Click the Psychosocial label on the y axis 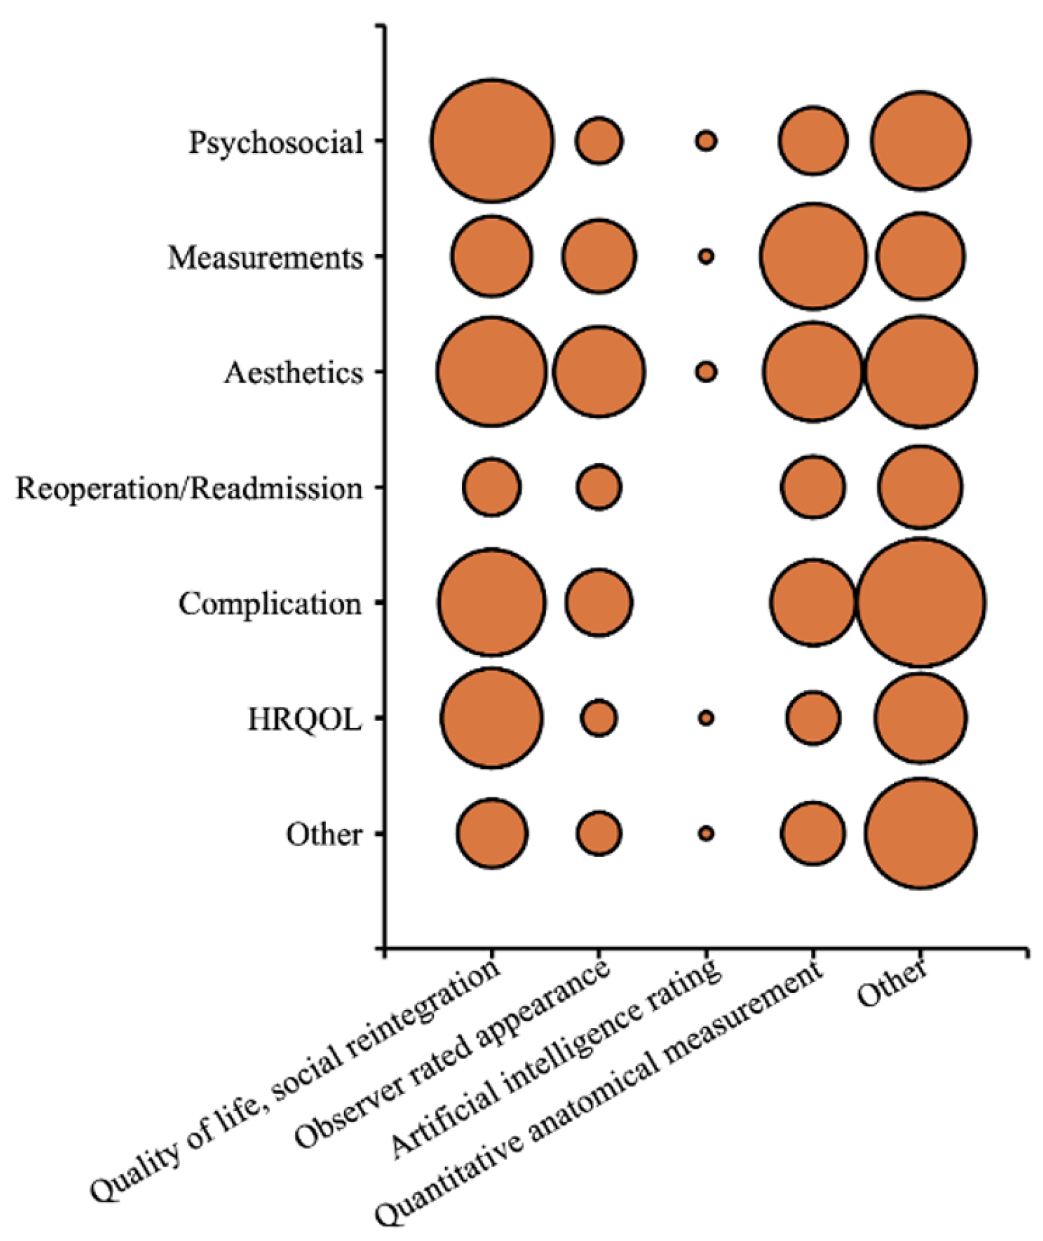(275, 143)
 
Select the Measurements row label (265, 258)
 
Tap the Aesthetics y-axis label (293, 373)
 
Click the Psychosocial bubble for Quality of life (491, 141)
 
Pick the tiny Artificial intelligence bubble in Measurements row (706, 256)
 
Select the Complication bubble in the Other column (921, 602)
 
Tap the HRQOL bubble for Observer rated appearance (599, 718)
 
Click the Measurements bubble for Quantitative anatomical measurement (813, 256)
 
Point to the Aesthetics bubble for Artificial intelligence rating (706, 372)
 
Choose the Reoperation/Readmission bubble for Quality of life (491, 487)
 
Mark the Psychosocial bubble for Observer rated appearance (599, 141)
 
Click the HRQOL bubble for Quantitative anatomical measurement (813, 718)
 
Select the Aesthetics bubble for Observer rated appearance (599, 372)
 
